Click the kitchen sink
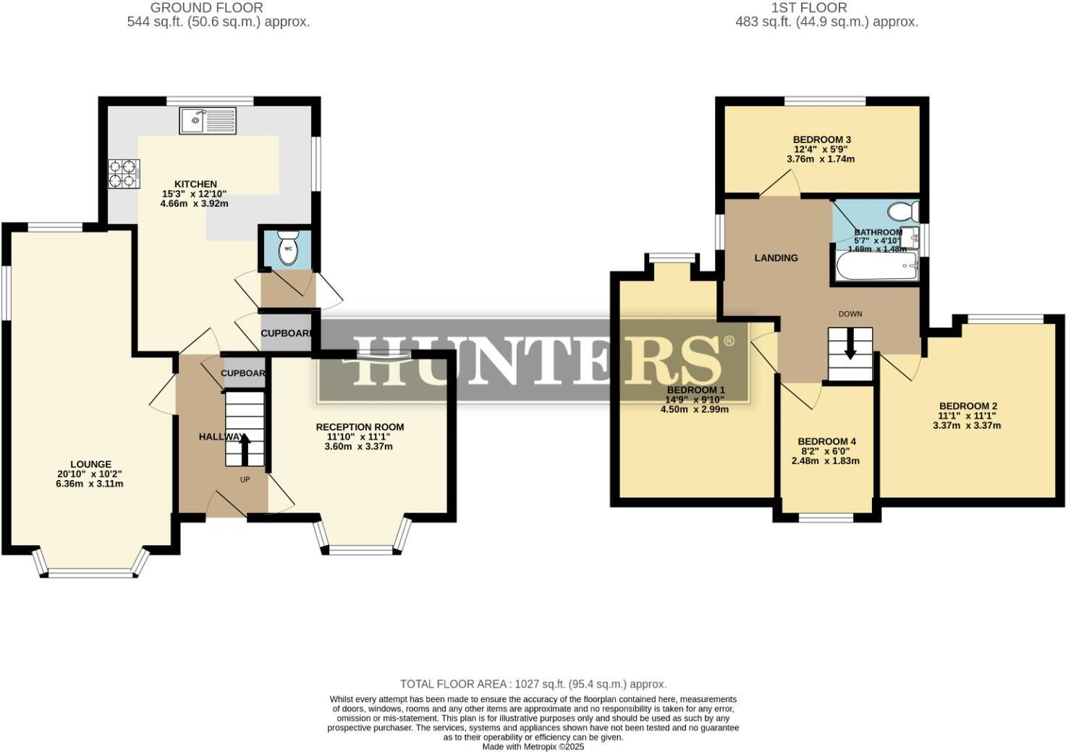[x=208, y=120]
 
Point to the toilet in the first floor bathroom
[x=902, y=212]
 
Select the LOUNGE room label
[x=90, y=464]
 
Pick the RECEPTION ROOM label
[x=360, y=427]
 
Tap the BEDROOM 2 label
[x=968, y=406]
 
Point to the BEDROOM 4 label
[x=826, y=442]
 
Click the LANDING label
[x=776, y=258]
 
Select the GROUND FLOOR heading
[x=206, y=8]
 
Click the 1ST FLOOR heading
[x=808, y=8]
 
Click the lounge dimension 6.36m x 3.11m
[x=90, y=484]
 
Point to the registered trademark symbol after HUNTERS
[x=729, y=341]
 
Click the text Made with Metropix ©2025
[x=533, y=747]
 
